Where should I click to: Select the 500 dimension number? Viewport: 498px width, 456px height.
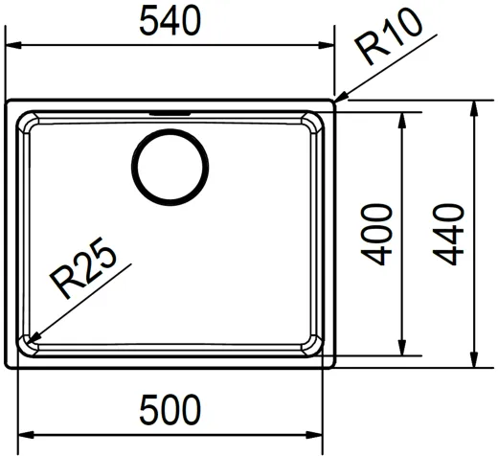point(170,412)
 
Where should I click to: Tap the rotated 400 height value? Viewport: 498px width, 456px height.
point(380,234)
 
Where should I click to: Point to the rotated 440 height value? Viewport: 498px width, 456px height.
point(451,234)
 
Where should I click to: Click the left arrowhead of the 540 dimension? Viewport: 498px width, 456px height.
point(11,44)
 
